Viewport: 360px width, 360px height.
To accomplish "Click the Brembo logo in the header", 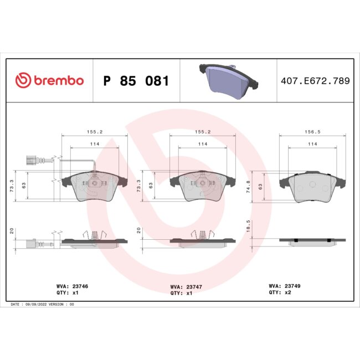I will click(49, 81).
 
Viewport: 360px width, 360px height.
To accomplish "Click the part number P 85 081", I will click(136, 81).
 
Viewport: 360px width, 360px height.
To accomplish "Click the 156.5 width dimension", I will click(313, 132).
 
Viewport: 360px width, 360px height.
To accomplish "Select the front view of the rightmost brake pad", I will click(313, 185).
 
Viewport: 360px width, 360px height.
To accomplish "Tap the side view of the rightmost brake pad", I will click(313, 241).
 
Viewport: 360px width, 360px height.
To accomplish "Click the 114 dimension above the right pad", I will click(313, 144).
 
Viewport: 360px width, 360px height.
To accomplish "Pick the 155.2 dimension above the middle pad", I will click(203, 132).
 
